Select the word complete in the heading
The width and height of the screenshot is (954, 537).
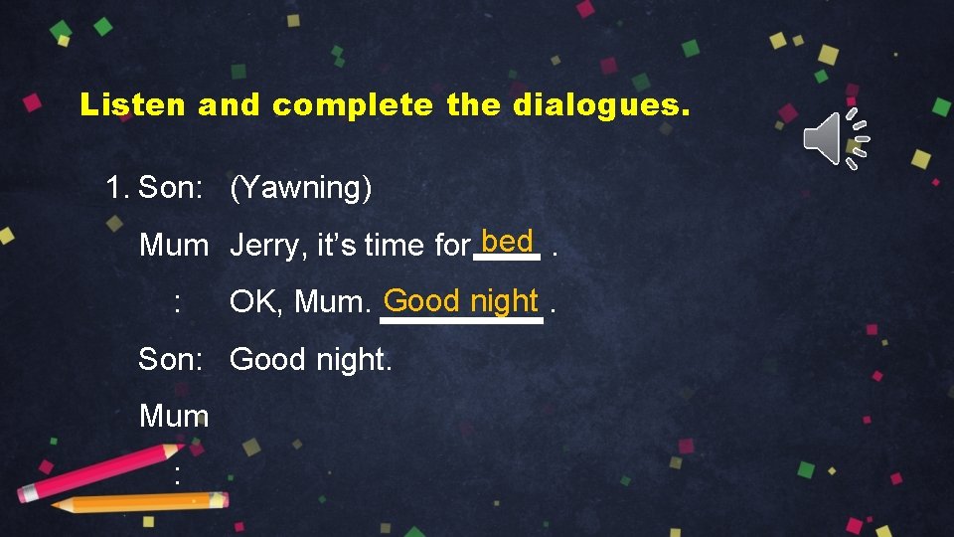point(352,104)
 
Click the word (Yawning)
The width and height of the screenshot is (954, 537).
point(301,187)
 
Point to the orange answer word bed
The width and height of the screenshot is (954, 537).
point(507,242)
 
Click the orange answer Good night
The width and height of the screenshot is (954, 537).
point(461,299)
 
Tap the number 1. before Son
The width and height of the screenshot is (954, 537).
point(118,187)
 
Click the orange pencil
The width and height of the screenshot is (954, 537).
point(139,502)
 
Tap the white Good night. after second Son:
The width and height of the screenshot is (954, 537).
point(311,359)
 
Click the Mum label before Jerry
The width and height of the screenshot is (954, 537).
point(174,245)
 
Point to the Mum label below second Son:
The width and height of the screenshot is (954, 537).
point(174,416)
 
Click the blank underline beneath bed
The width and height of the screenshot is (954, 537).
point(507,258)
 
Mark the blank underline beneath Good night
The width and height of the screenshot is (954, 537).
point(461,320)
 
